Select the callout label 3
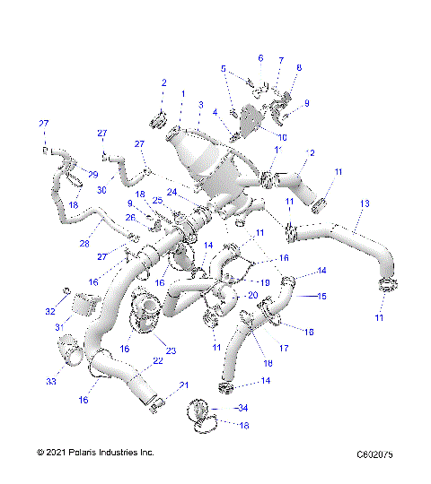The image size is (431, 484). pyautogui.click(x=201, y=105)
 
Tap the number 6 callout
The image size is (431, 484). pyautogui.click(x=261, y=58)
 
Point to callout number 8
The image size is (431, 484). pyautogui.click(x=299, y=68)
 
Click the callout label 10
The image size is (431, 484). pyautogui.click(x=282, y=136)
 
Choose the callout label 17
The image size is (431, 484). pyautogui.click(x=285, y=348)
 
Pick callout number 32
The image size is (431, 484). pyautogui.click(x=50, y=311)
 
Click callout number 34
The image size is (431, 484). pyautogui.click(x=242, y=408)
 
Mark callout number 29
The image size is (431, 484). pyautogui.click(x=92, y=173)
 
